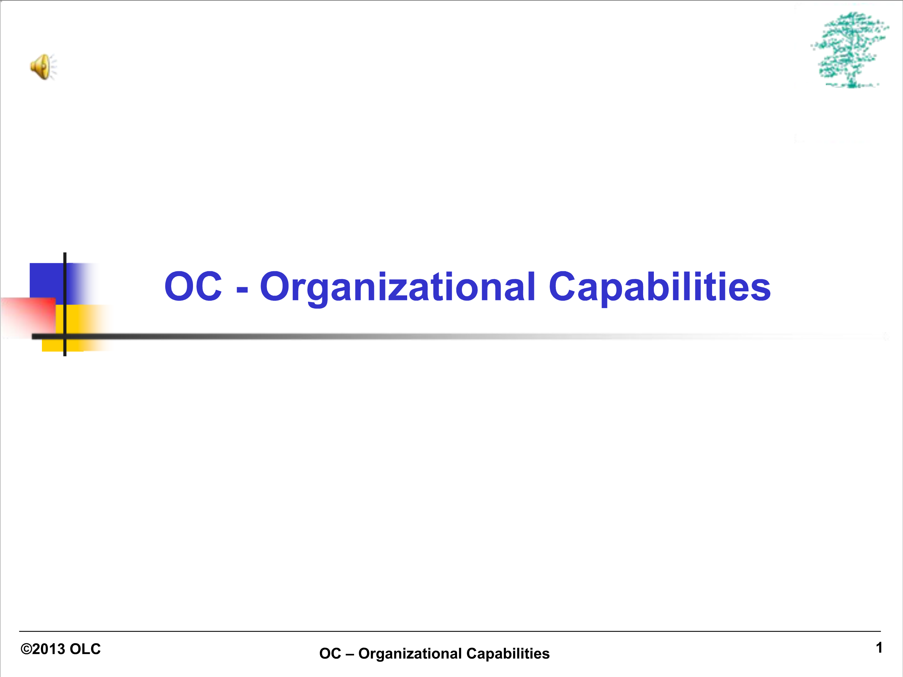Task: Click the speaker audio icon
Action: (x=43, y=67)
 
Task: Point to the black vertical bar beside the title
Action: (x=65, y=304)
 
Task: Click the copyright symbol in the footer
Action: (x=26, y=649)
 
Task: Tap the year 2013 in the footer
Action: (x=49, y=649)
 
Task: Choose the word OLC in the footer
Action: (x=85, y=649)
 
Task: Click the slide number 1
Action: (x=879, y=648)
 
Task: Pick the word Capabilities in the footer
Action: (x=508, y=654)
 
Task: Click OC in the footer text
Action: (x=330, y=654)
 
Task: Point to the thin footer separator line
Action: (x=450, y=631)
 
